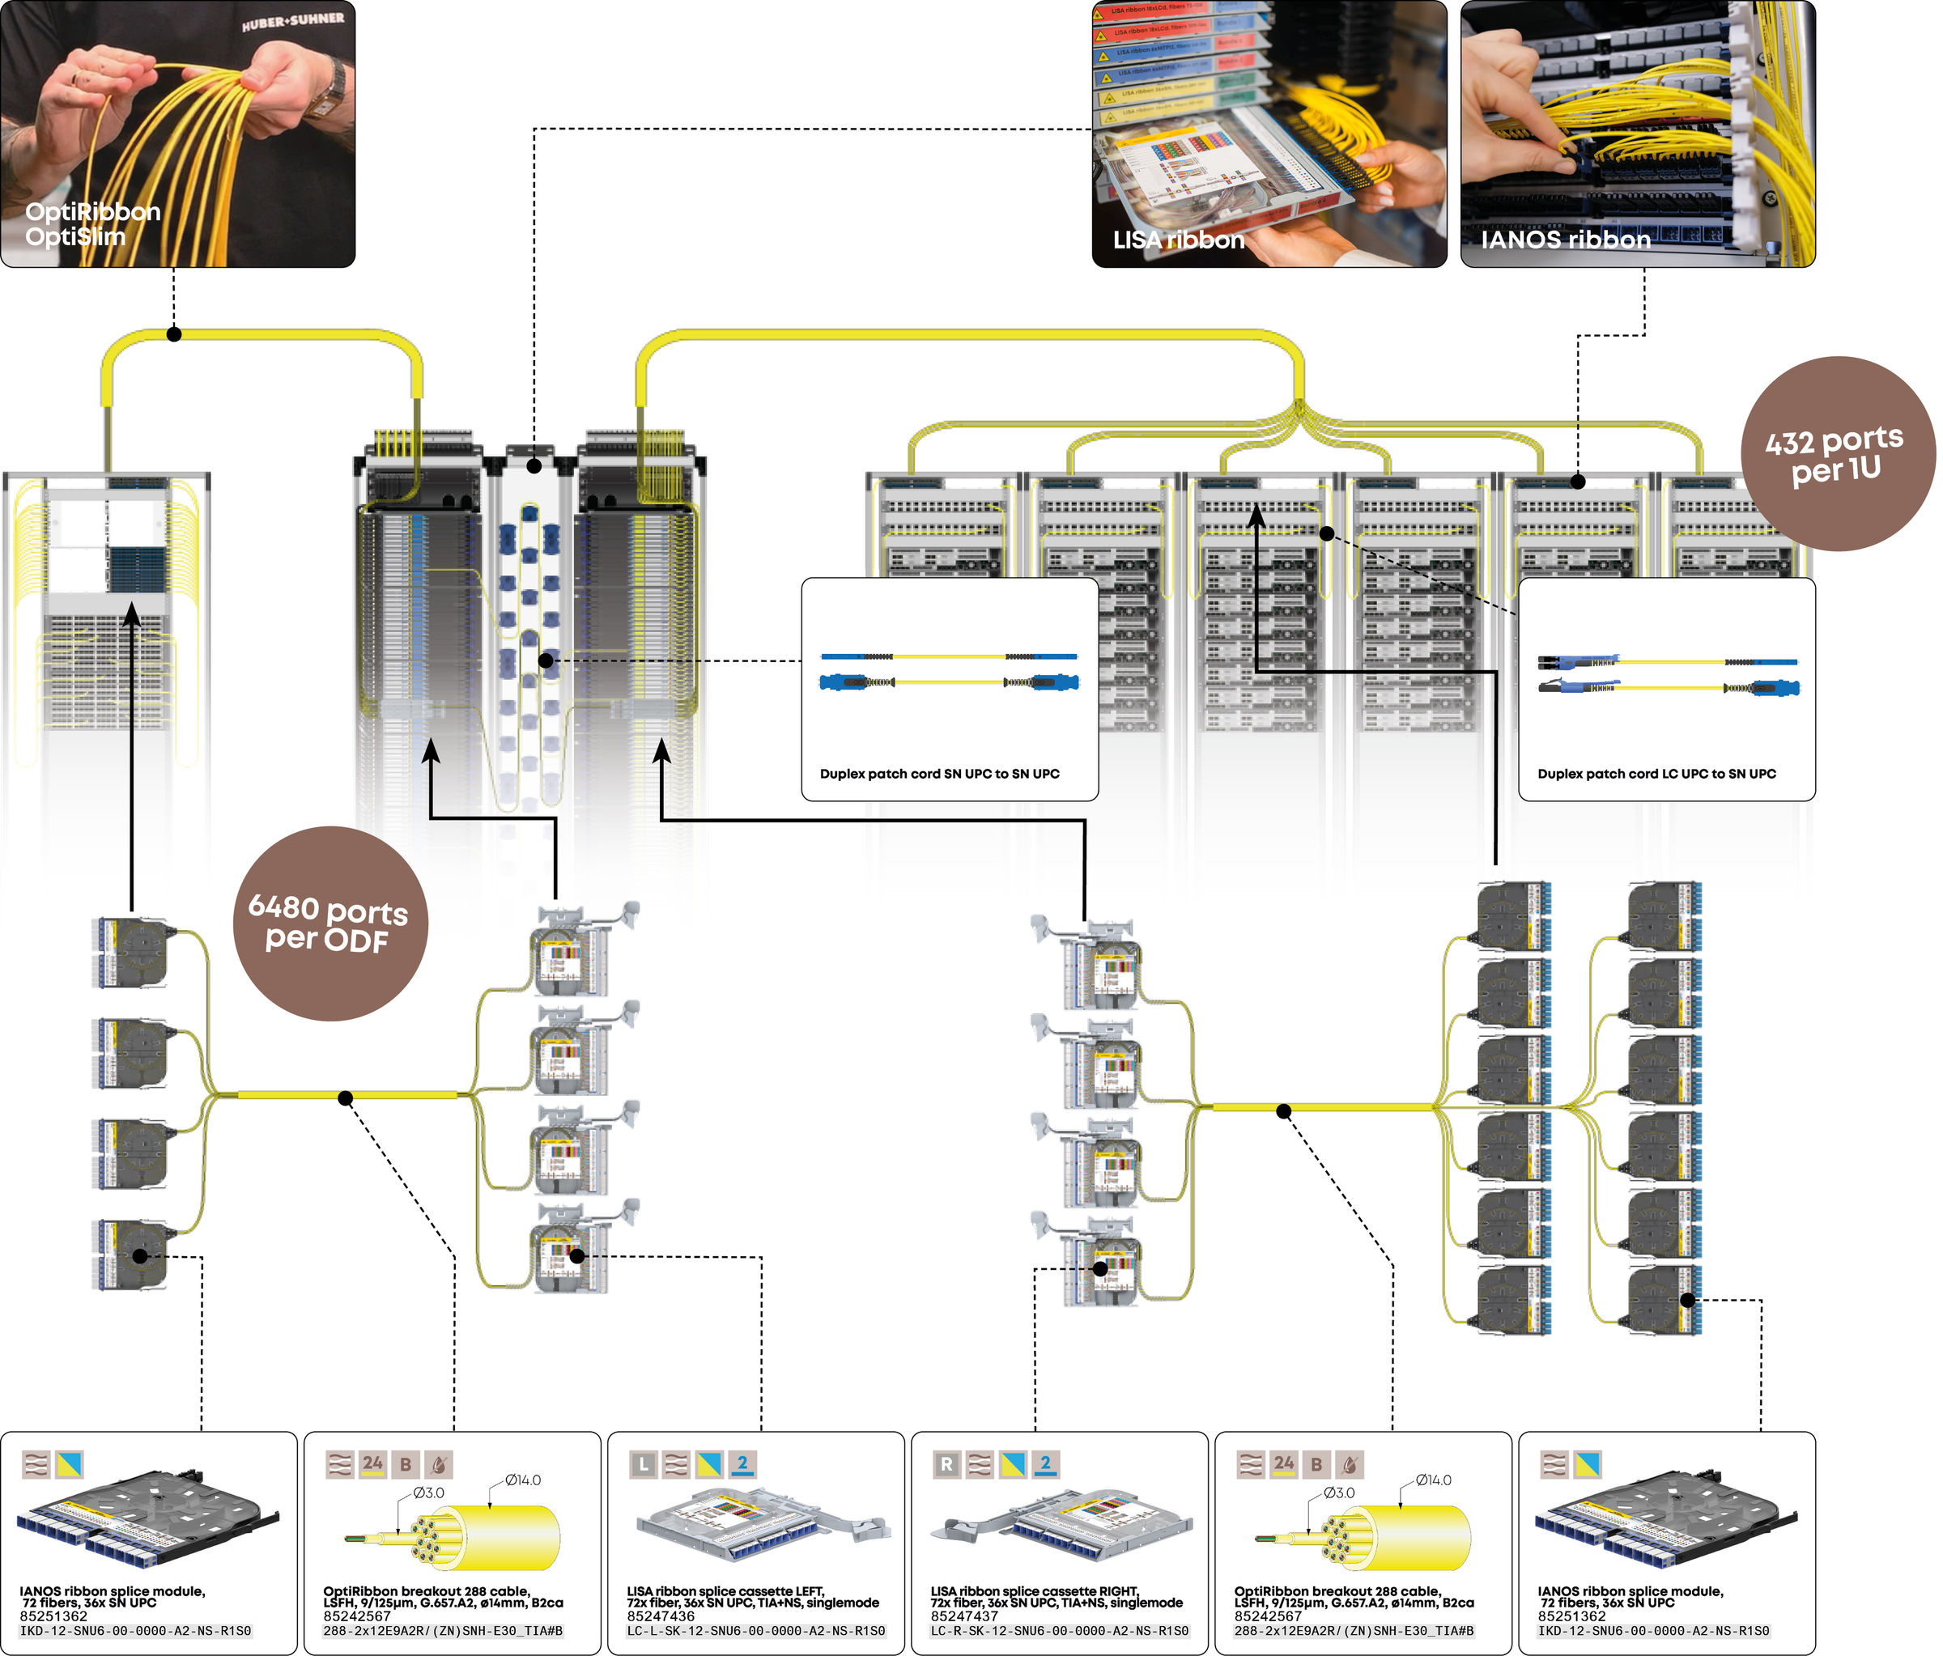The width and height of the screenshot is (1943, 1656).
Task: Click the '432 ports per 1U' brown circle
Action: tap(1836, 454)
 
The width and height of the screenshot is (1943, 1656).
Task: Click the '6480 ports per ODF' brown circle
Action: tap(330, 923)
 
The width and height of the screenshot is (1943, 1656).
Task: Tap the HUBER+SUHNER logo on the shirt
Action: tap(292, 20)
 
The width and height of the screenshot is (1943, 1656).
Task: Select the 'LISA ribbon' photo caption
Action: tap(1178, 240)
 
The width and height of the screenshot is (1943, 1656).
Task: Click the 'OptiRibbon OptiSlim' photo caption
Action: tap(93, 224)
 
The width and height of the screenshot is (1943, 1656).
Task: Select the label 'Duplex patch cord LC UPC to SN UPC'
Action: tap(1656, 774)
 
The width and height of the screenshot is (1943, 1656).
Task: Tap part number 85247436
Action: tap(661, 1616)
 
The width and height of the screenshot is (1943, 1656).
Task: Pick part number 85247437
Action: tap(965, 1616)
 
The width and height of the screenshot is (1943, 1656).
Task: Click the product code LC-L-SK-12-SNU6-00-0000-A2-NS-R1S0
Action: tap(756, 1632)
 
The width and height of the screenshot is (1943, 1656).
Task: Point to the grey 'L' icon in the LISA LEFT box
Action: tap(642, 1463)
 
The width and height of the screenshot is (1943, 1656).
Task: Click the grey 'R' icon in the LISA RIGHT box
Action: tap(946, 1463)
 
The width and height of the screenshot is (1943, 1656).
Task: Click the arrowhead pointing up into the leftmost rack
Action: tap(132, 614)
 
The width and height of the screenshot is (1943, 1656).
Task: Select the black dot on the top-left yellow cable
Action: tap(173, 333)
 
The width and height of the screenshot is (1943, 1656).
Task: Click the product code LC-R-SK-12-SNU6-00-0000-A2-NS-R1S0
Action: tap(1060, 1632)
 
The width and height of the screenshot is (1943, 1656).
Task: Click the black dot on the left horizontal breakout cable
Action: tap(345, 1098)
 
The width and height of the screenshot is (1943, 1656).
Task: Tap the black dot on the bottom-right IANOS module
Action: tap(1687, 1300)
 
